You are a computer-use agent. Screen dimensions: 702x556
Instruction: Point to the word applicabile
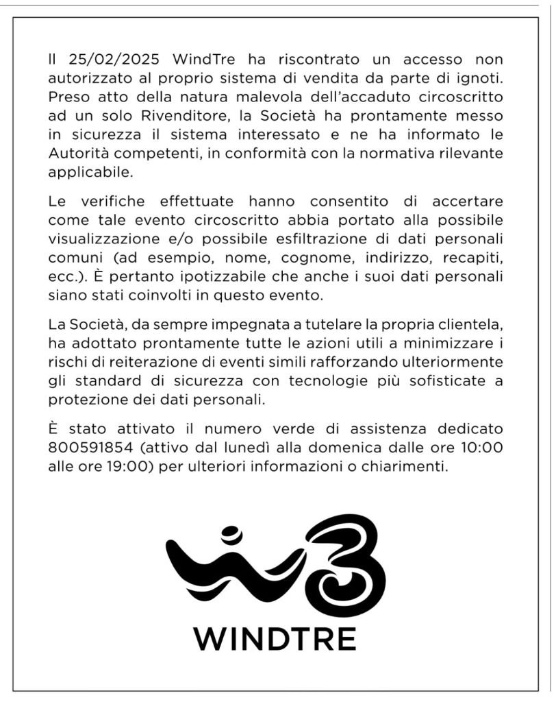[x=90, y=171]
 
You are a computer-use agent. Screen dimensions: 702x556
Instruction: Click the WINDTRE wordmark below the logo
[x=275, y=639]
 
